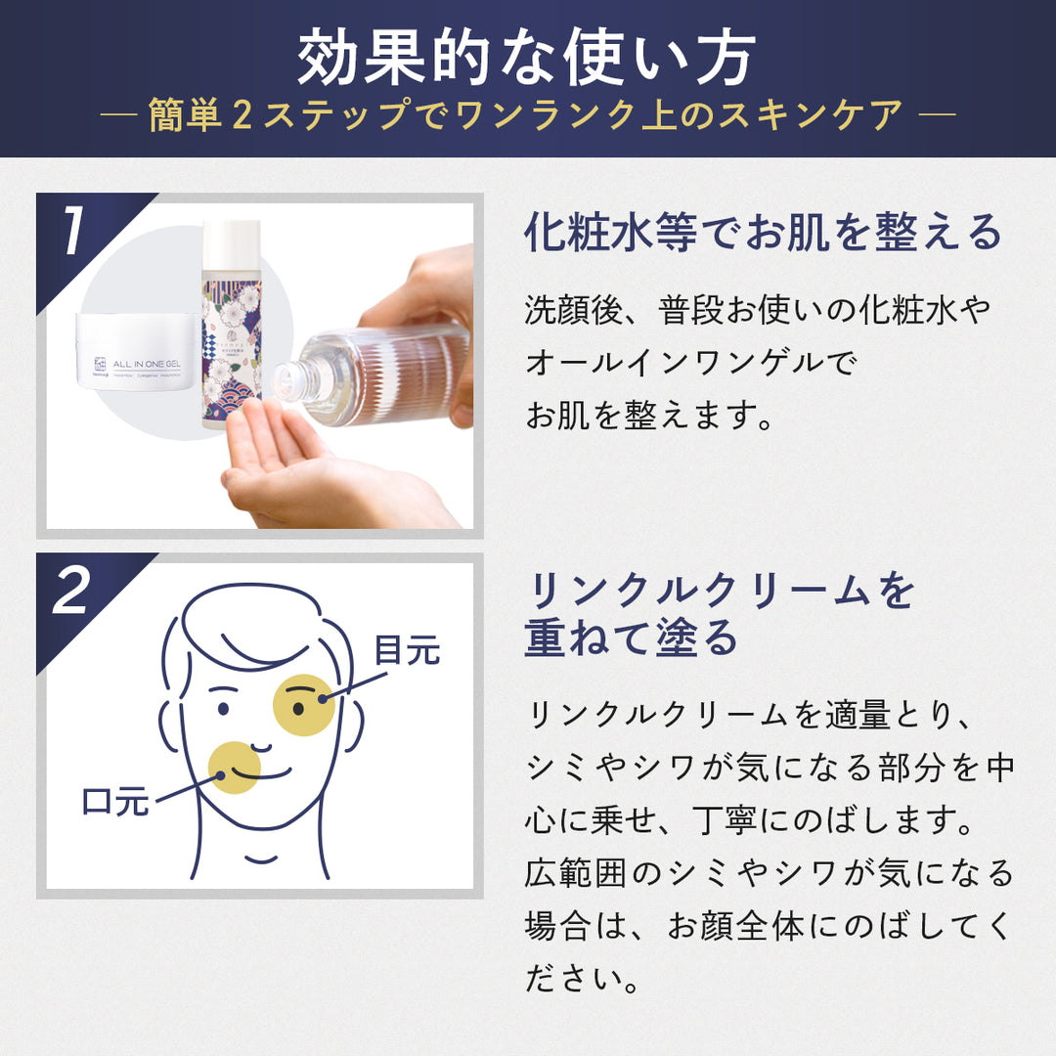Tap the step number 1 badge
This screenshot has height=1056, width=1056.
coord(73,235)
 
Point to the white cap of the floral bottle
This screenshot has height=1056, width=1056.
coord(231,244)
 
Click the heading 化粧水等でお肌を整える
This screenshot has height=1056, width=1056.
coord(764,233)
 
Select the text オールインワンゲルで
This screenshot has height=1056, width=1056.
coord(689,363)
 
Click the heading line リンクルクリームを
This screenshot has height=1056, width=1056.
coord(721,592)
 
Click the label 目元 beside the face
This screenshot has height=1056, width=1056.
coord(407,650)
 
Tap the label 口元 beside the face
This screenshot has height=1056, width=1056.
coord(114,804)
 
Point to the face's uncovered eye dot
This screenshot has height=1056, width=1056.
coord(223,708)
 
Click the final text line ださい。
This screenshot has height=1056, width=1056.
coord(582,979)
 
